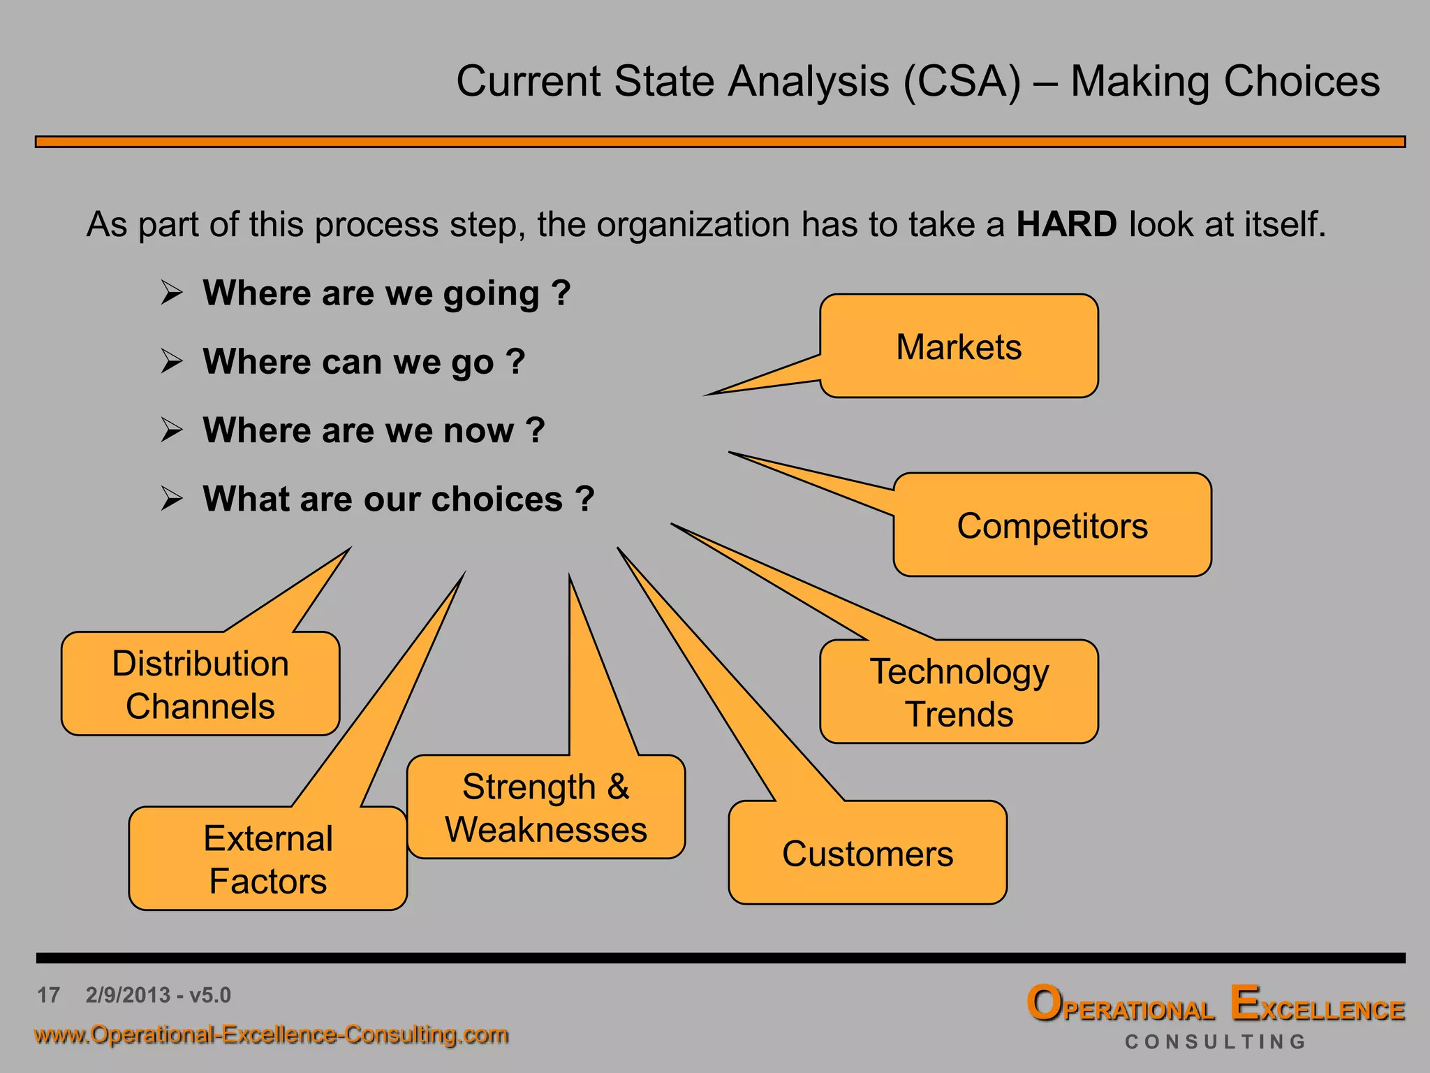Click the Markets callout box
(x=959, y=346)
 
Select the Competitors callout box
(x=1052, y=525)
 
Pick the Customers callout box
(x=867, y=853)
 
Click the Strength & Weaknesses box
(x=546, y=808)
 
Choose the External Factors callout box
(x=268, y=859)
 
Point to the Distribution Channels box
(x=200, y=684)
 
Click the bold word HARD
(x=1066, y=225)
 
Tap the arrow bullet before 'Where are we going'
(x=171, y=293)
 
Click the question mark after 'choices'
(x=585, y=499)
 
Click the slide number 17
(x=49, y=995)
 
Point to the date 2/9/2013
(x=128, y=995)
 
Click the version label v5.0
(x=209, y=995)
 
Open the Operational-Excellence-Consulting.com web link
(x=271, y=1034)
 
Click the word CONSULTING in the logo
(x=1215, y=1042)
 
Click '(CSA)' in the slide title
(x=962, y=81)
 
